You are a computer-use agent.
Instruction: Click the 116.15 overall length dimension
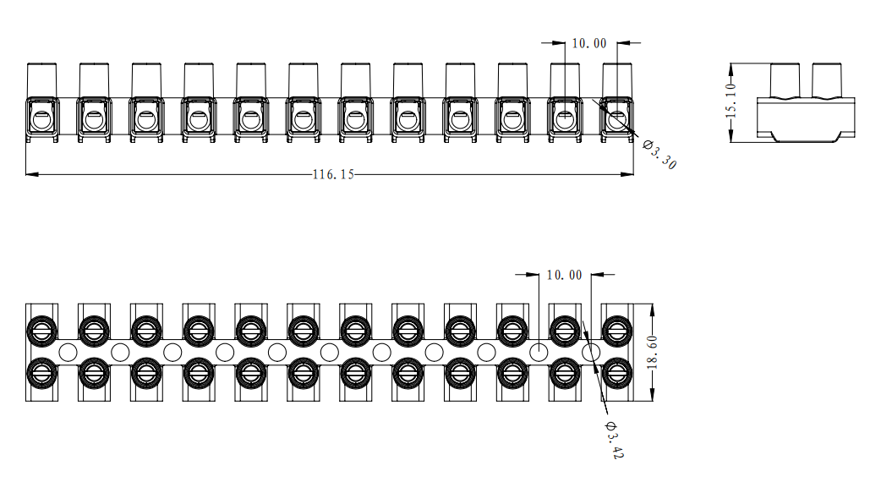[333, 174]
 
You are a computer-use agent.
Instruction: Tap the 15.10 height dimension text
[731, 101]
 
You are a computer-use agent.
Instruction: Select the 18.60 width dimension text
[652, 353]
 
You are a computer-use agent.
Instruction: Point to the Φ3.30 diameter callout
[659, 154]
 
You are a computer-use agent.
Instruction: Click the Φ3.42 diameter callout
[615, 440]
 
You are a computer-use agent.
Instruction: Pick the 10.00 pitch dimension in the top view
[589, 43]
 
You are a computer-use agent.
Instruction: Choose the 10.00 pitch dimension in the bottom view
[564, 275]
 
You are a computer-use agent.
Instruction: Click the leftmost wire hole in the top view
[41, 120]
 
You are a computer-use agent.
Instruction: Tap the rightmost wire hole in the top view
[617, 120]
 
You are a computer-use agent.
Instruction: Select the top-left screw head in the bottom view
[42, 330]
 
